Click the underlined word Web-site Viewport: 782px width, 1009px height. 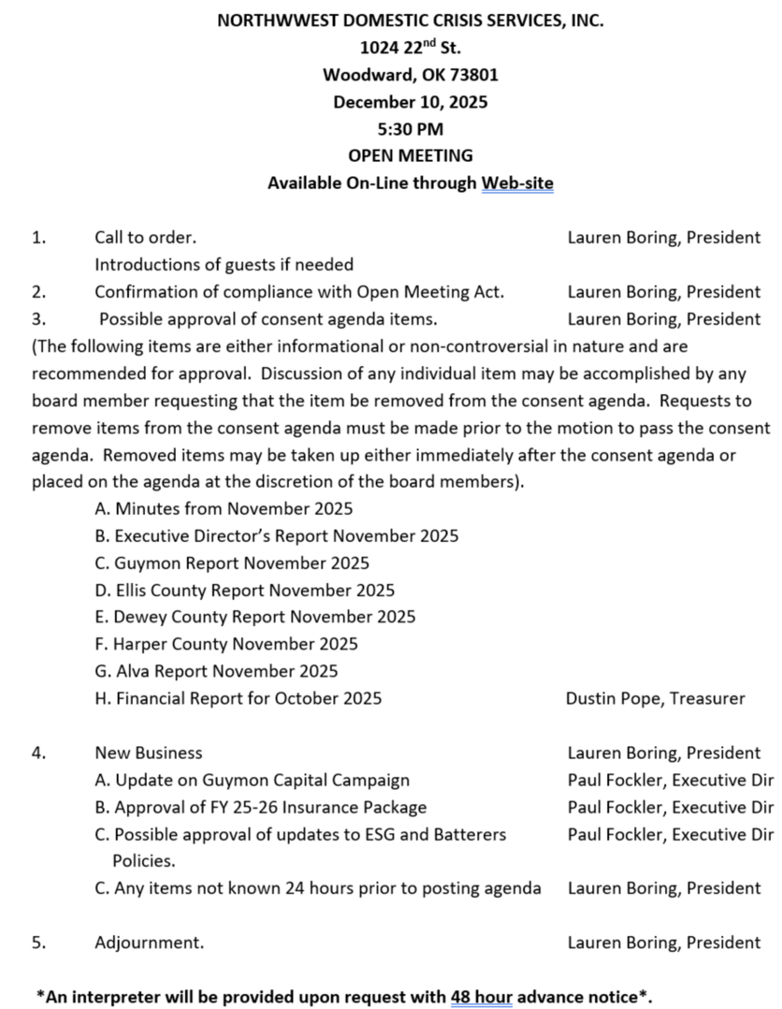tap(517, 183)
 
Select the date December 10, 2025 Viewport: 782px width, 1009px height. tap(410, 102)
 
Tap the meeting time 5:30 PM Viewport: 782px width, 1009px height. tap(410, 129)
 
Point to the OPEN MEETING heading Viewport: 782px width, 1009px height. tap(410, 155)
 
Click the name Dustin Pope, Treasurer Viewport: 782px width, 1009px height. tap(655, 698)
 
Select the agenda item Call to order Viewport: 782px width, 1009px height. tap(145, 237)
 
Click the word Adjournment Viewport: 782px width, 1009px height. tap(149, 942)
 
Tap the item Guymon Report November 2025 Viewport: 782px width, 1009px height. tap(232, 563)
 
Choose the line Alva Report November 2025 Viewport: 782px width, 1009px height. tap(216, 671)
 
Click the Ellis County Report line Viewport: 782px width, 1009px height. tap(245, 590)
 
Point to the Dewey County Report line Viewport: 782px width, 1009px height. tap(255, 616)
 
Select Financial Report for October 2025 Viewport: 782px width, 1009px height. tap(238, 698)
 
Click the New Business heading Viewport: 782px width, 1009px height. tap(148, 753)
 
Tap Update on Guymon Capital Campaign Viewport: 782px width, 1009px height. tap(252, 780)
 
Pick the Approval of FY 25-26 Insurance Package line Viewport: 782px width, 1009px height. tap(260, 807)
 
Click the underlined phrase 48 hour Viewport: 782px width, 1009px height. tap(481, 997)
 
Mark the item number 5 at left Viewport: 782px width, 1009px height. tap(38, 942)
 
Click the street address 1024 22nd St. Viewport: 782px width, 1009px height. tap(410, 47)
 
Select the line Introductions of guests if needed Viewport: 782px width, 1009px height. tap(224, 264)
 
